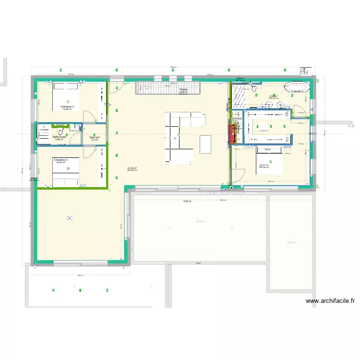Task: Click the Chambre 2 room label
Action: point(67,107)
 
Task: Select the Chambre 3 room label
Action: point(60,160)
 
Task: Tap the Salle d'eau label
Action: point(60,137)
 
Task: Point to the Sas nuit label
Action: point(94,137)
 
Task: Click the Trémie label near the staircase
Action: point(183,90)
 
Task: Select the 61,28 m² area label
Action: point(132,168)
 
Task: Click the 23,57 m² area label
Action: point(264,165)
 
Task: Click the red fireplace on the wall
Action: point(232,134)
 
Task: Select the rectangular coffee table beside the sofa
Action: point(205,144)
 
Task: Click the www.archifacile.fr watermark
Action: point(330,301)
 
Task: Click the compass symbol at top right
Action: point(304,71)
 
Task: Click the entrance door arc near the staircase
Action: point(118,86)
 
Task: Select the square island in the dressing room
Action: point(264,126)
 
